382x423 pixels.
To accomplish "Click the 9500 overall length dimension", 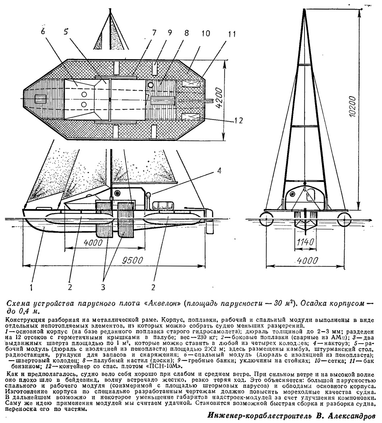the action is (132, 260).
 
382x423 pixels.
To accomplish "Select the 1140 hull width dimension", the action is (305, 242).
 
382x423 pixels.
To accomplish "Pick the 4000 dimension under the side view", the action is (93, 242).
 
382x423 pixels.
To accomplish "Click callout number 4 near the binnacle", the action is (219, 171).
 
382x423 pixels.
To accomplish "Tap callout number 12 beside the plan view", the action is (238, 120).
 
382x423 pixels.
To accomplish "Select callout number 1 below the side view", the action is (32, 287).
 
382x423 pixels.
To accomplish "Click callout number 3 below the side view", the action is (103, 287).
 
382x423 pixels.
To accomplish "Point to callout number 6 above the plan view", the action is (44, 31).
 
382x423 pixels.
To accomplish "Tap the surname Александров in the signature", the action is (353, 415).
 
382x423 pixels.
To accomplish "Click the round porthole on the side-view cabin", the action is (117, 193).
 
